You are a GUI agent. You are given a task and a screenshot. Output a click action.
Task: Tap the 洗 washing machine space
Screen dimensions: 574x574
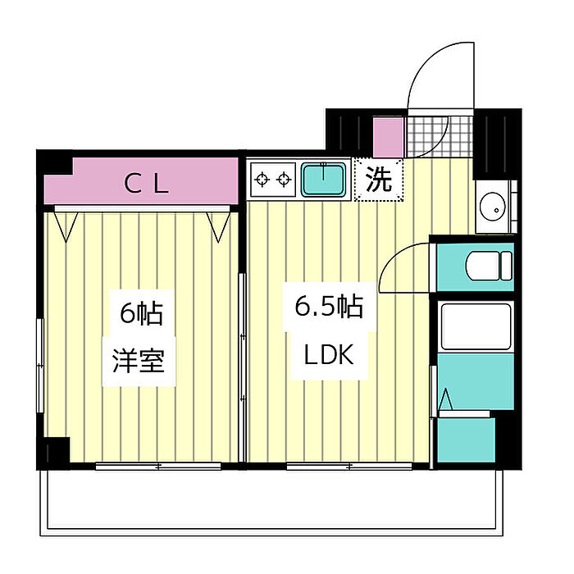379,180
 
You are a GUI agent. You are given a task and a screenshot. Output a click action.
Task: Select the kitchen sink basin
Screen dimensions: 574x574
324,180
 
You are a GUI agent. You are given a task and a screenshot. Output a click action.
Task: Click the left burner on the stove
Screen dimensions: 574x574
262,180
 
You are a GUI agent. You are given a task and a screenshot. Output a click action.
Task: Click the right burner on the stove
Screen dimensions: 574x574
284,180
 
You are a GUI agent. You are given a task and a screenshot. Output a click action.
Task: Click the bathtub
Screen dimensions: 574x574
476,326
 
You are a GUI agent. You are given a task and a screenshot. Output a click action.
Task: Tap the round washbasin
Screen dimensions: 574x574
492,207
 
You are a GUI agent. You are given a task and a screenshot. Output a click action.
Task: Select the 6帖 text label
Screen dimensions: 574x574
141,313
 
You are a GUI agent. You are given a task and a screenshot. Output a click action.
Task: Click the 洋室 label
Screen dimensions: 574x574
139,361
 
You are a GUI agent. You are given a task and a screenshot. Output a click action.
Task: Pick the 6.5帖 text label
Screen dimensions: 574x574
329,306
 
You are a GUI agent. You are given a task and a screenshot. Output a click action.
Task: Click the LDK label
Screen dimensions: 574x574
329,354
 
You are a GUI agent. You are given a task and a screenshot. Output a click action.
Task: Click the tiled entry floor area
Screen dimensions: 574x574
440,136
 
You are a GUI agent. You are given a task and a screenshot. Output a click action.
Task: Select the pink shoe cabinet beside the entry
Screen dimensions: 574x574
388,137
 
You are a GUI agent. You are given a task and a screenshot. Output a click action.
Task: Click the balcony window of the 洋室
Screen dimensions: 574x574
158,467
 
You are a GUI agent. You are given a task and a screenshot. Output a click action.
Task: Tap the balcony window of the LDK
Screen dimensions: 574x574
349,467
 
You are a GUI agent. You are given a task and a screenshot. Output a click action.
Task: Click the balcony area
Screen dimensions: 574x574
271,502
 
